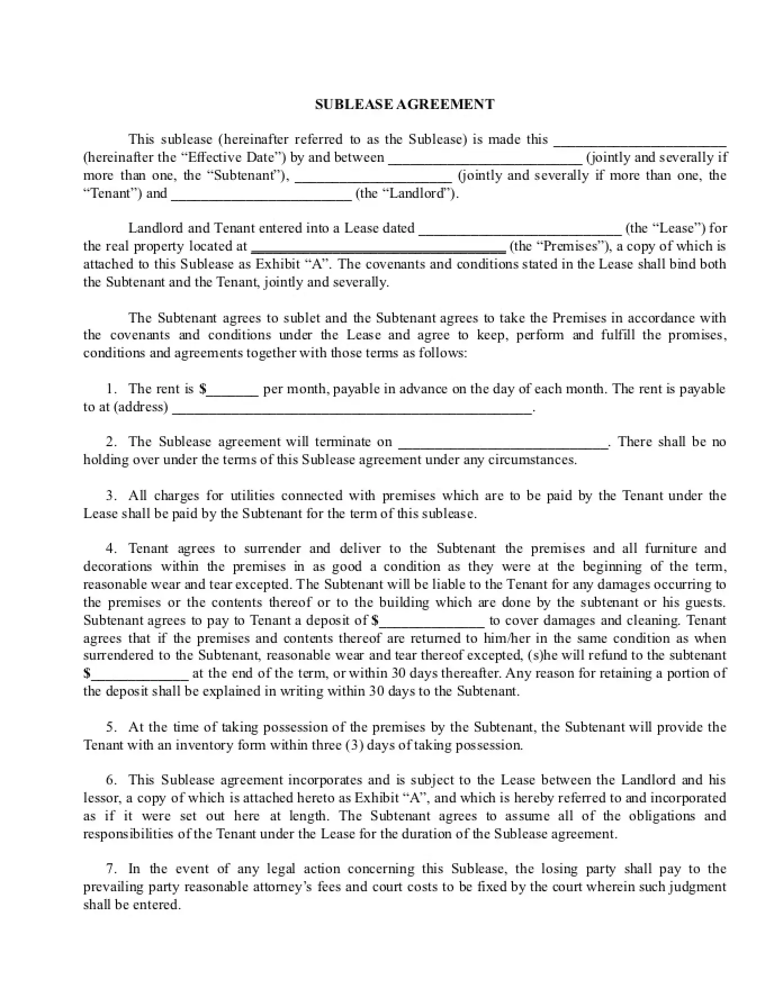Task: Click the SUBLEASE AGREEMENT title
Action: (x=404, y=104)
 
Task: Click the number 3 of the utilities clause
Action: (x=111, y=496)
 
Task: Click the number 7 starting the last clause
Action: (x=111, y=869)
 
